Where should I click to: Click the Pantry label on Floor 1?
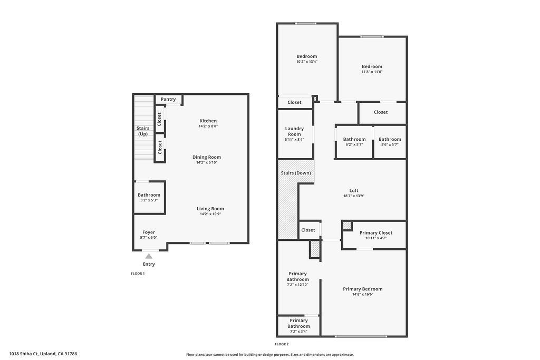pos(168,99)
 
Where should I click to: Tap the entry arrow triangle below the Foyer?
pos(149,256)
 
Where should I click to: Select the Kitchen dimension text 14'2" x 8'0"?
pos(208,127)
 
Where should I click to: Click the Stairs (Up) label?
pos(143,131)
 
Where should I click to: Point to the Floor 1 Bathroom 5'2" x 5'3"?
pos(149,197)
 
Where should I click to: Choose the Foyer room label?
pos(149,232)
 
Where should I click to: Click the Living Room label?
pos(210,209)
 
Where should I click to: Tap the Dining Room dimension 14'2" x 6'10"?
pos(207,163)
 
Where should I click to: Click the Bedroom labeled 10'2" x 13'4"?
pos(306,59)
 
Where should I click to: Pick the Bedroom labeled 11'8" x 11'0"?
pos(372,69)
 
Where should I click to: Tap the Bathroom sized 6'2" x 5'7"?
pos(354,141)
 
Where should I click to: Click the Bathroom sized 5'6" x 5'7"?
pos(390,141)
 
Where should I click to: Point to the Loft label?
pos(354,191)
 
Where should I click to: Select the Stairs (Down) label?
pos(295,173)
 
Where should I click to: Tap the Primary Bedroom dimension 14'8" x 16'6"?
pos(363,294)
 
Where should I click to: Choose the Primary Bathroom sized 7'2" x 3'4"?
pos(298,326)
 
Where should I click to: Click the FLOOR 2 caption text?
pos(282,344)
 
